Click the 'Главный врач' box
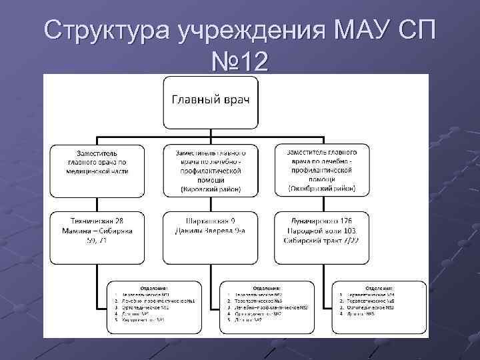211,101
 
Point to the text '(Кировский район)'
211,189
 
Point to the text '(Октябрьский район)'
321,189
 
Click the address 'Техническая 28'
97,220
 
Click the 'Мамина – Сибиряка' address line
98,230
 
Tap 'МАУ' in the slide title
362,30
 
